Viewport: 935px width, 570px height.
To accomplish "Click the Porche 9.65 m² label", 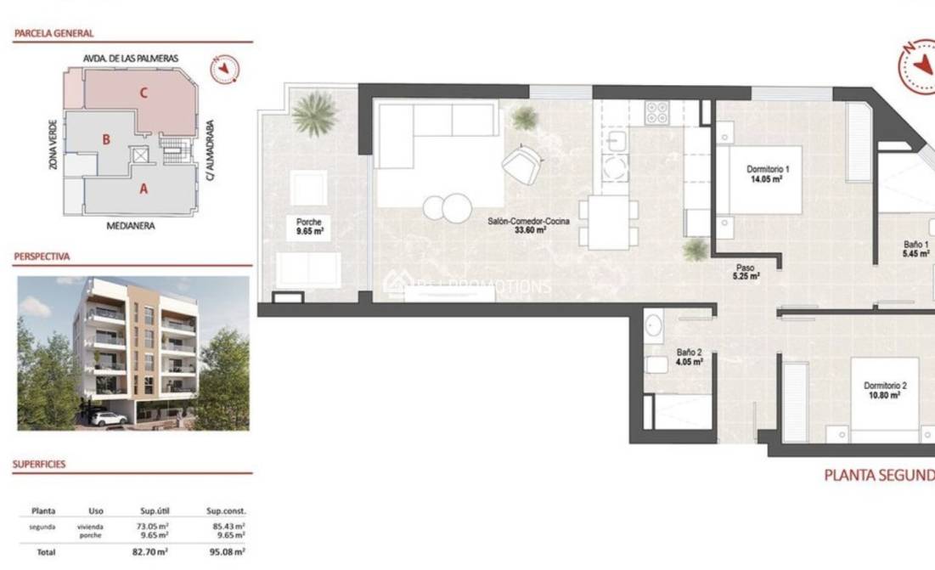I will pos(307,226).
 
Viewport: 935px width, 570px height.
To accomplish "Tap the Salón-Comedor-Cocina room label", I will pos(528,225).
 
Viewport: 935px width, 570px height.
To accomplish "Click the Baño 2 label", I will pos(689,356).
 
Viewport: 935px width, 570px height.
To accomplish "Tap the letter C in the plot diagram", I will pos(144,93).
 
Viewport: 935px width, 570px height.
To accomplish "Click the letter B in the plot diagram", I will pos(106,139).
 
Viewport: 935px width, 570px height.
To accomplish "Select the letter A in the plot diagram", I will pos(144,189).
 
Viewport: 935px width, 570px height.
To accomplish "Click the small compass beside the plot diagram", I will pos(224,69).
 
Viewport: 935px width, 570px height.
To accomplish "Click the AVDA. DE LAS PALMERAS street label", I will pos(130,58).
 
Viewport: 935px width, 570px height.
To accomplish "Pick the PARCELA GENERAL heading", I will pos(54,33).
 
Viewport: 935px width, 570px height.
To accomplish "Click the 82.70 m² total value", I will pos(154,552).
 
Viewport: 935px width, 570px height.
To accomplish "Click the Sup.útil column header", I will pos(155,511).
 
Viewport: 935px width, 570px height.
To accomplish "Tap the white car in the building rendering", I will pos(109,418).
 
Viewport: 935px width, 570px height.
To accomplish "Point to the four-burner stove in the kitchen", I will pos(656,113).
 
